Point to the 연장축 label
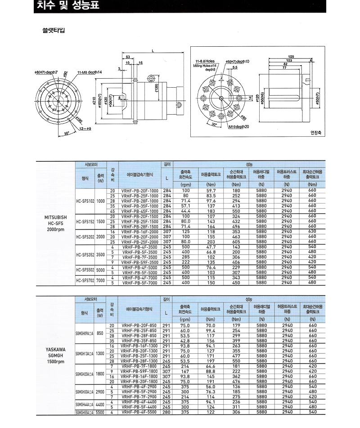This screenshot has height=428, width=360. pyautogui.click(x=314, y=132)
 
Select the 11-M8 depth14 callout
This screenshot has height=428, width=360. pyautogui.click(x=90, y=72)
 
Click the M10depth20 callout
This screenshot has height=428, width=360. pyautogui.click(x=238, y=127)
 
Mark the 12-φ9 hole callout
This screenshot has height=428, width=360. pyautogui.click(x=85, y=129)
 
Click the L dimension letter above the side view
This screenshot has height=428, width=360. pyautogui.click(x=153, y=50)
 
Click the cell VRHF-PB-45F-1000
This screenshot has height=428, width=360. pyautogui.click(x=140, y=211)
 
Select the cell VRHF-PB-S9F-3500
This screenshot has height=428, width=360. pyautogui.click(x=140, y=262)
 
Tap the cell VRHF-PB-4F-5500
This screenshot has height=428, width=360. pyautogui.click(x=140, y=412)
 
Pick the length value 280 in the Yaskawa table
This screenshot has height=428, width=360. pyautogui.click(x=166, y=412)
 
